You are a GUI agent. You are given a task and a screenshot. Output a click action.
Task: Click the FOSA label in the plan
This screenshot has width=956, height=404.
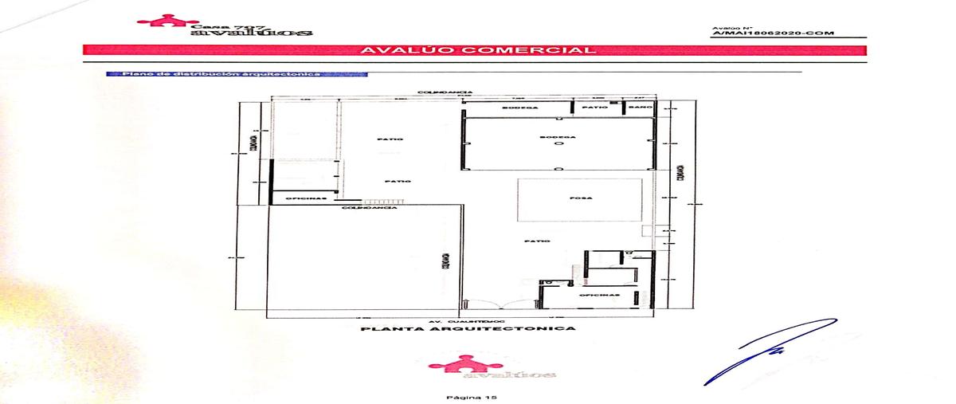pos(579,198)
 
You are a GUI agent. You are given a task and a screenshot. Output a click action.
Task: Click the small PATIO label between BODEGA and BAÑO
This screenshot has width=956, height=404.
pos(590,107)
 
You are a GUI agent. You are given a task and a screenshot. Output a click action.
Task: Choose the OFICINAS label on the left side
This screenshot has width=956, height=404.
pos(301,198)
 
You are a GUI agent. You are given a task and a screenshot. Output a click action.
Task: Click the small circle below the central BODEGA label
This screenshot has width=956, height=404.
pos(558,145)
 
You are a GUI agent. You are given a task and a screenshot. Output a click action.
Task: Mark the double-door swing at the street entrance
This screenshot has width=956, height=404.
pos(499,305)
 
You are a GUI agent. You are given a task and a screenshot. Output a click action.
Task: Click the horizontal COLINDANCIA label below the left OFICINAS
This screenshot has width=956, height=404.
pos(362,209)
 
